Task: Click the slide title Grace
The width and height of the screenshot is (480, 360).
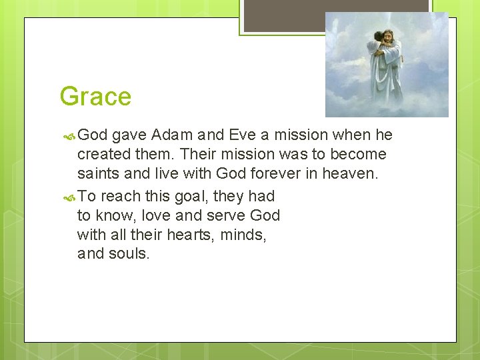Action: pyautogui.click(x=95, y=97)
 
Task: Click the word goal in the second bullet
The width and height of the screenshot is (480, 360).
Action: pyautogui.click(x=199, y=196)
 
